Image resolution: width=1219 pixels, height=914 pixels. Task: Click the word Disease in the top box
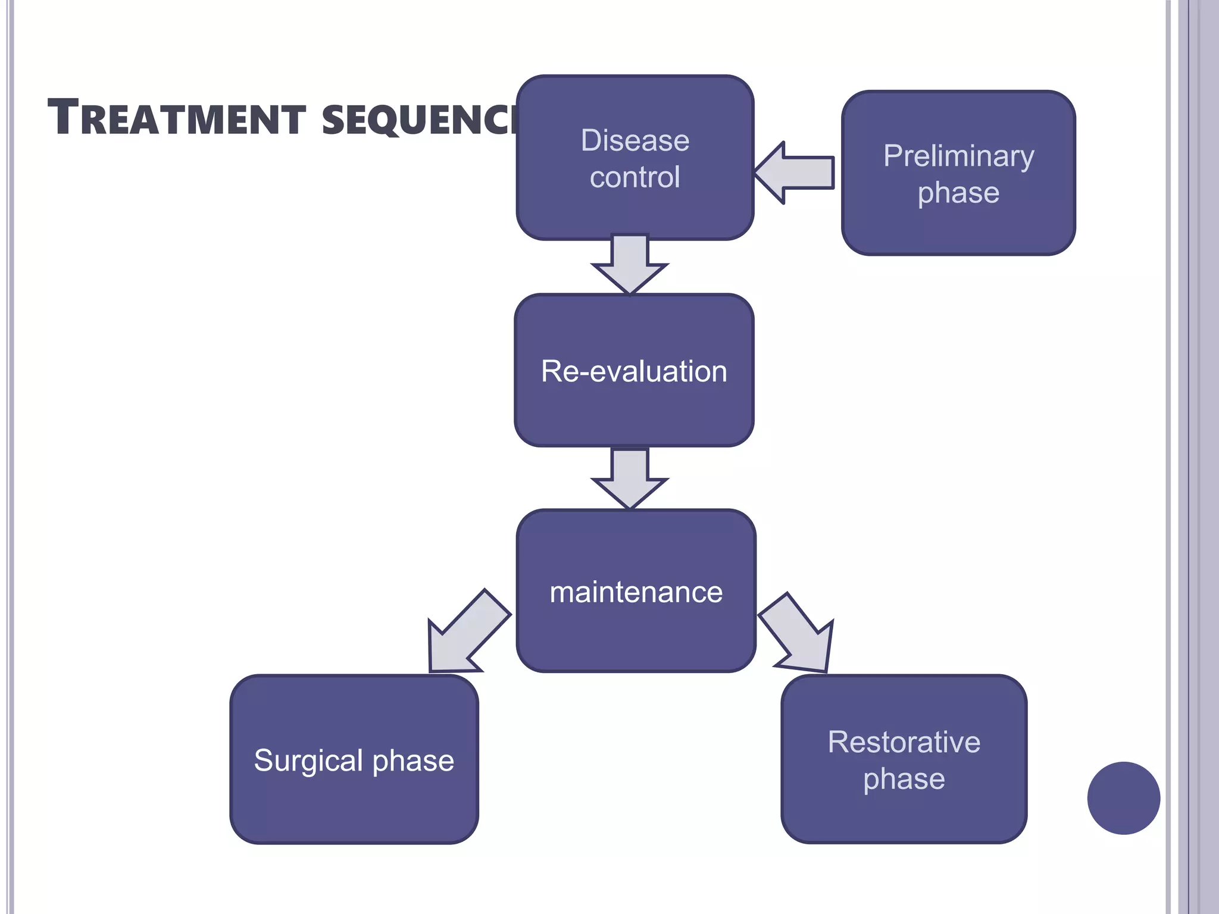click(x=634, y=141)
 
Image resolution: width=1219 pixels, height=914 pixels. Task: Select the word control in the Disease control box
click(x=634, y=177)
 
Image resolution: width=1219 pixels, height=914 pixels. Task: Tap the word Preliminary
click(x=958, y=156)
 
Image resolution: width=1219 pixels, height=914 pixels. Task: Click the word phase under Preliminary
click(x=958, y=193)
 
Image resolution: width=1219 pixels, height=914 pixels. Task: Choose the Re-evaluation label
click(x=634, y=371)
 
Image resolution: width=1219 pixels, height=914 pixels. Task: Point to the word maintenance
click(x=636, y=593)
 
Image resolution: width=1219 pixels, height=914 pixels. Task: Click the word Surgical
click(x=308, y=761)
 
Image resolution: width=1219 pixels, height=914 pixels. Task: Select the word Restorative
click(x=904, y=742)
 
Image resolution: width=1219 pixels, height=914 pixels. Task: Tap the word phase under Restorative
click(x=904, y=779)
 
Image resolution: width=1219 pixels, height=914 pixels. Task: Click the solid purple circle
click(x=1123, y=798)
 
